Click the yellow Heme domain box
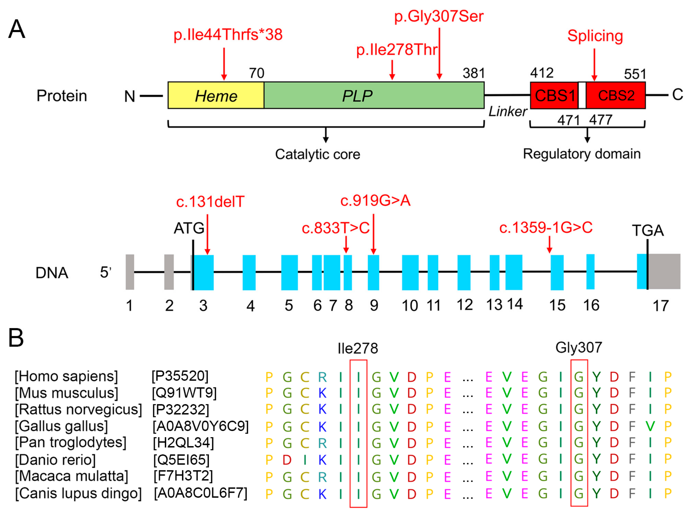(215, 95)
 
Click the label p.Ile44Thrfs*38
(228, 34)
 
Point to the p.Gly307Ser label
(439, 16)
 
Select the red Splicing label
(595, 36)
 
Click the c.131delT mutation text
(210, 202)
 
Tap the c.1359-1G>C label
(545, 227)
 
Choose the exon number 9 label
(374, 305)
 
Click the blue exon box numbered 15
(557, 272)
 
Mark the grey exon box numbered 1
(130, 272)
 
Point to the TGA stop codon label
(647, 231)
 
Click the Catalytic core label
(317, 154)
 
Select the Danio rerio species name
(55, 460)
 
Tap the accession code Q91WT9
(184, 393)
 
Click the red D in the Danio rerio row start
(287, 460)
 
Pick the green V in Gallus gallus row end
(650, 426)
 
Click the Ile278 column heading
(358, 348)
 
